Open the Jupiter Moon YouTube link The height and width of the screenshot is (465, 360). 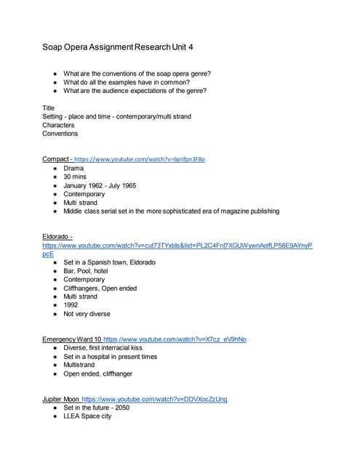pos(154,399)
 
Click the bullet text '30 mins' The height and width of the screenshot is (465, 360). pos(74,177)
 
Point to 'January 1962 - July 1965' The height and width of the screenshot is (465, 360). pos(100,185)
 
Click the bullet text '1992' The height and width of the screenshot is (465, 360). pos(71,305)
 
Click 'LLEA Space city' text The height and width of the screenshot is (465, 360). pos(87,416)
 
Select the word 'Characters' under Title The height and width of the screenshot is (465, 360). pos(58,125)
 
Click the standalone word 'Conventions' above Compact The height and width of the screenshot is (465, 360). pos(61,134)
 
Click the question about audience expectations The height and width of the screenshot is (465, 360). pos(145,91)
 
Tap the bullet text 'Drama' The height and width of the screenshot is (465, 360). pos(73,168)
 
